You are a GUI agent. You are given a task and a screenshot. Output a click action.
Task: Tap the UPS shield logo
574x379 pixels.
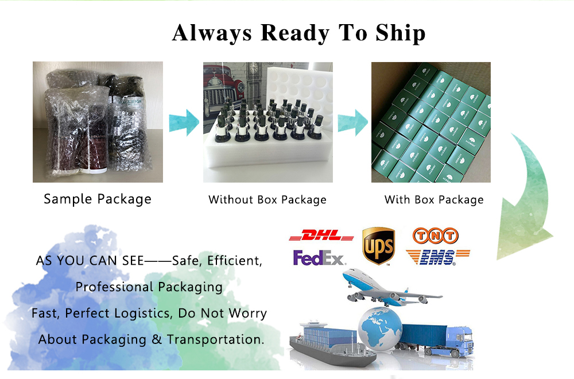coord(378,246)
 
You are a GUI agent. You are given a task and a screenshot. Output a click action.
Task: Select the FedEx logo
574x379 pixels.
coord(319,258)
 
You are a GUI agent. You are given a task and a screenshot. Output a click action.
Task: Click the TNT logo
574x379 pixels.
coord(436,235)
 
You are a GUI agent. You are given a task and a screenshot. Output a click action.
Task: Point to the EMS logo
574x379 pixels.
coord(438,257)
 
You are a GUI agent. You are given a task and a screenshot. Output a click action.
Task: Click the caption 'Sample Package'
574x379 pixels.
coord(98,199)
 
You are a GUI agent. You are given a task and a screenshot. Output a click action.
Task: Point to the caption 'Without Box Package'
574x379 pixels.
coord(267,200)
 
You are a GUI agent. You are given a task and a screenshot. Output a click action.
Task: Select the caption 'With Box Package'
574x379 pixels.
coord(434,200)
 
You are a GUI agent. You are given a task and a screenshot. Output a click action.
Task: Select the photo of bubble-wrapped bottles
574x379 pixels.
coord(98,122)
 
